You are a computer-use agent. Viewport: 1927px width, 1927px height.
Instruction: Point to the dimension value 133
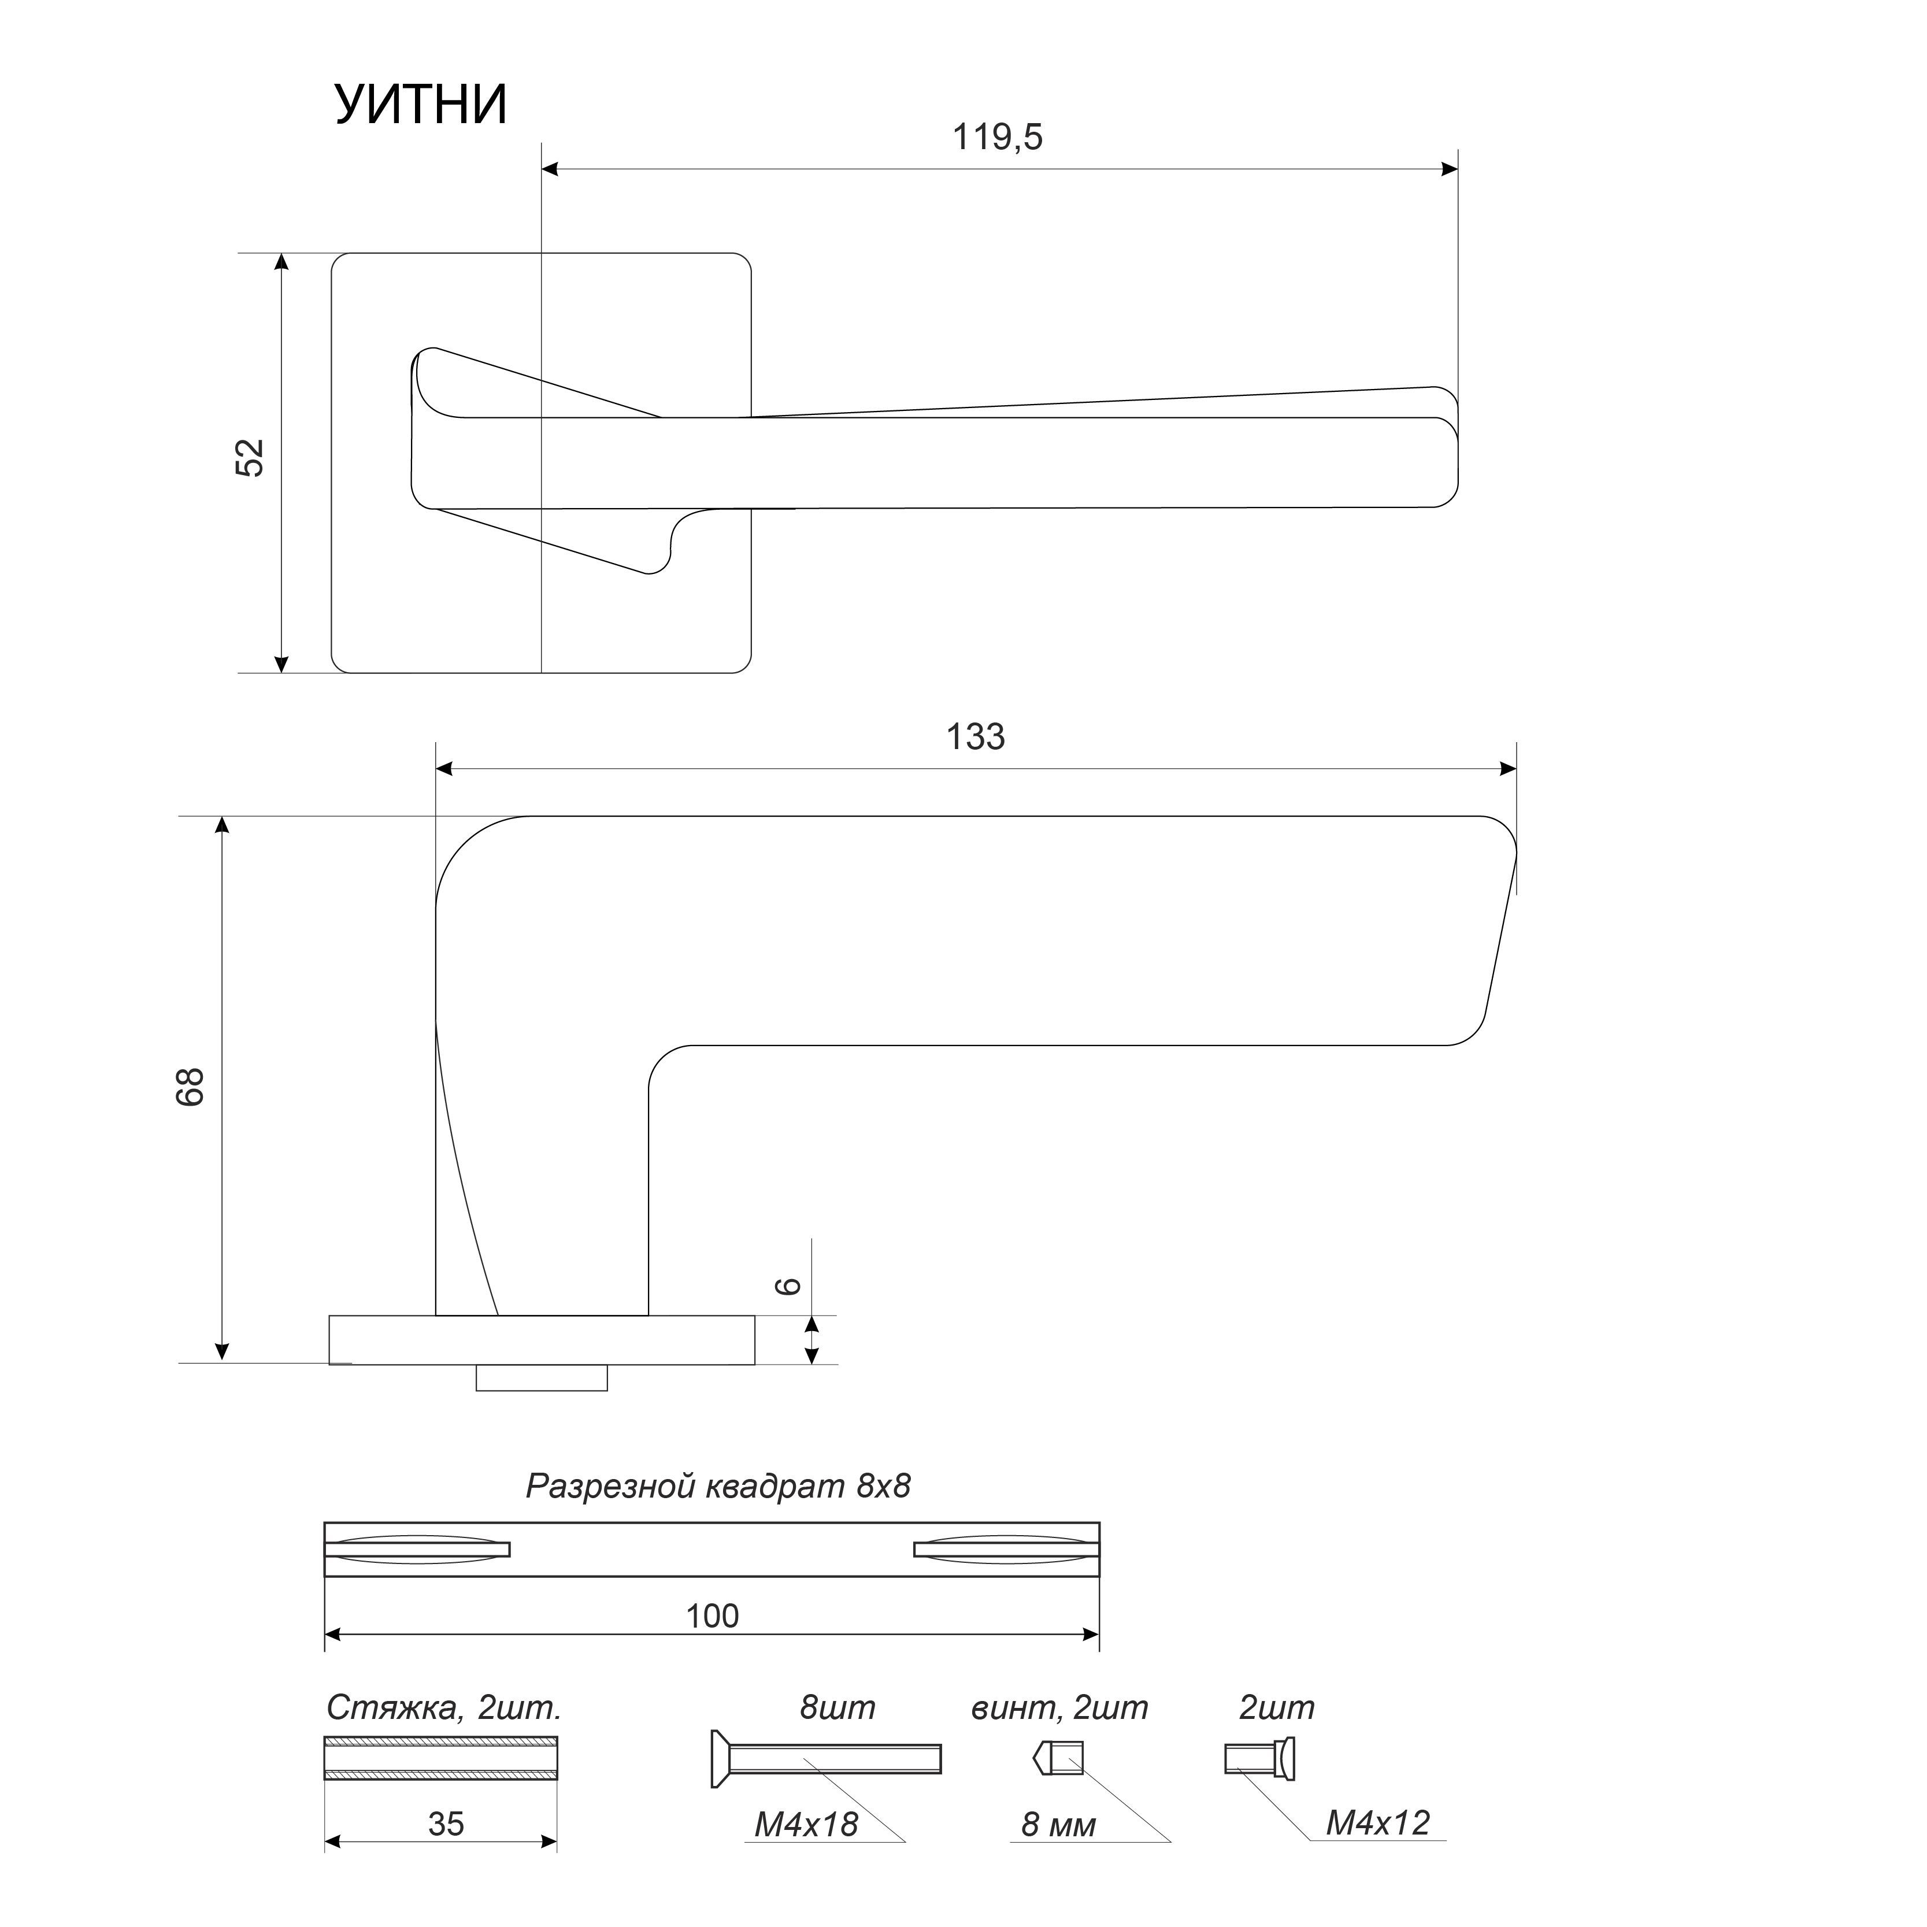click(976, 737)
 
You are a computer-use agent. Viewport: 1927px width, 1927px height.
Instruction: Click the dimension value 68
click(191, 1087)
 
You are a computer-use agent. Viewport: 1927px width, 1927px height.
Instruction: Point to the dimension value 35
click(446, 1824)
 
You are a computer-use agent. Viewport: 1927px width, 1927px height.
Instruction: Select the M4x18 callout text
click(806, 1824)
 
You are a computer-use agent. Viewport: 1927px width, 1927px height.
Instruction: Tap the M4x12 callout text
click(1377, 1824)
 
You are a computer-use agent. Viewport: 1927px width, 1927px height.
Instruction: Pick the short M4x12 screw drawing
click(1260, 1758)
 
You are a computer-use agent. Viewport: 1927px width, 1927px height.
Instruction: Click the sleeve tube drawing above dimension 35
click(441, 1758)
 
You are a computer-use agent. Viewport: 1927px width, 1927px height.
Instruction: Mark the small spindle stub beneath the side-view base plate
click(542, 1377)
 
